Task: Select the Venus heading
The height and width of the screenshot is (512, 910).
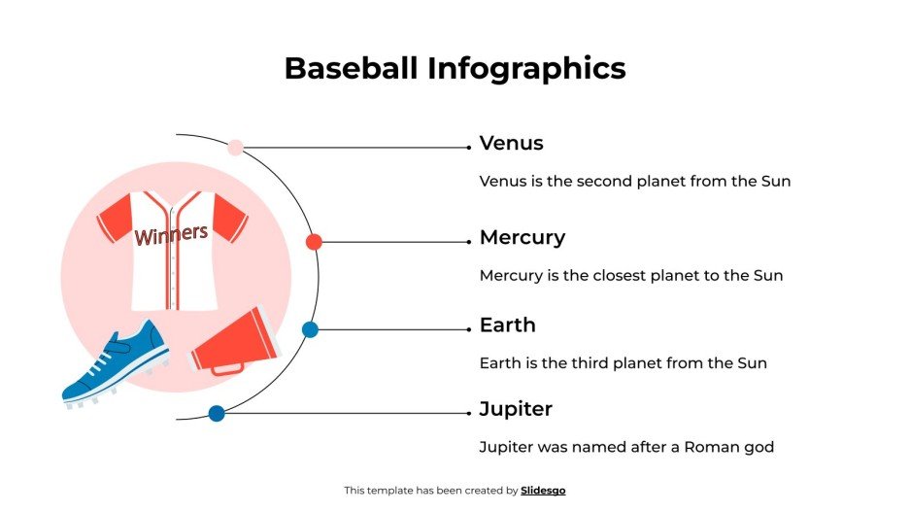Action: click(x=511, y=144)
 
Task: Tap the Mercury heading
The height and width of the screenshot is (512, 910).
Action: click(x=522, y=238)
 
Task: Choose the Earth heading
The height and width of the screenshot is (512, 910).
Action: click(x=507, y=325)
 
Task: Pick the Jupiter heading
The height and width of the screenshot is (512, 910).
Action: click(x=516, y=409)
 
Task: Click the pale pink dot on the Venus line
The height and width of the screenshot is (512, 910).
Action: click(x=235, y=148)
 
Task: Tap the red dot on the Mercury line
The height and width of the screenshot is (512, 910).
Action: click(x=314, y=242)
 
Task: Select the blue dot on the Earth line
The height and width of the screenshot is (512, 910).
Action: click(x=310, y=329)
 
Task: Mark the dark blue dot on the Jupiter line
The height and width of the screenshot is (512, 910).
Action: click(x=217, y=413)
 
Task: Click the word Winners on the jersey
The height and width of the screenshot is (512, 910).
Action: click(x=171, y=234)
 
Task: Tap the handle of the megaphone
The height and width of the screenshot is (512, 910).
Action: click(x=227, y=369)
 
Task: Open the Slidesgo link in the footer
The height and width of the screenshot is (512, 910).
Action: click(x=543, y=491)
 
